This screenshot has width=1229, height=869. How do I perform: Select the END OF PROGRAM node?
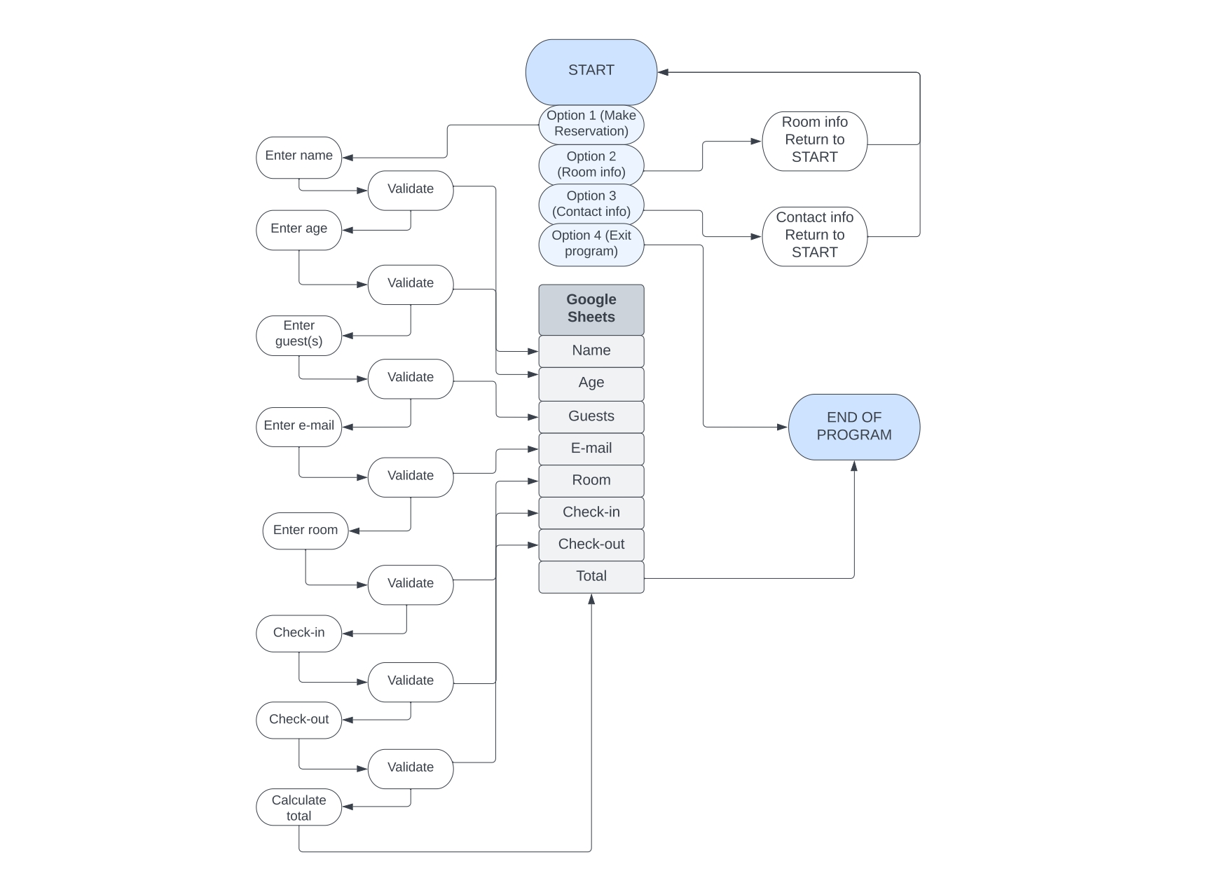[853, 427]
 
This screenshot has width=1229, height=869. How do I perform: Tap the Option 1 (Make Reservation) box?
[591, 124]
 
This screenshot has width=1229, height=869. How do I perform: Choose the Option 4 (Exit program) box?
[591, 244]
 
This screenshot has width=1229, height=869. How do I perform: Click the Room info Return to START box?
[814, 141]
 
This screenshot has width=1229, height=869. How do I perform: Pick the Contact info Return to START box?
[814, 236]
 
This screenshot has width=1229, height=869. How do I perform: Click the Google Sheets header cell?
[591, 309]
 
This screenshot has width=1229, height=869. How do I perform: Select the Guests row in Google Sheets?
[591, 417]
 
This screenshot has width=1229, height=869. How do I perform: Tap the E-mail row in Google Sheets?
[591, 449]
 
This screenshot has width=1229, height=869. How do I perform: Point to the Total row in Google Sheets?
[591, 577]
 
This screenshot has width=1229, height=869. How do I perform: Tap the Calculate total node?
[298, 807]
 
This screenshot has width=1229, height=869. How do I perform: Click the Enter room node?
[305, 531]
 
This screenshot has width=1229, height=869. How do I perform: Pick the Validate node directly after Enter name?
[411, 190]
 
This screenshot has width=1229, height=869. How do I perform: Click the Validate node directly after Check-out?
[411, 768]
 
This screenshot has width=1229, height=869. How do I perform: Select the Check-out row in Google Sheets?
[591, 545]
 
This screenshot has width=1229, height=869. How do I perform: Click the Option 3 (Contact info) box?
[591, 204]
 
